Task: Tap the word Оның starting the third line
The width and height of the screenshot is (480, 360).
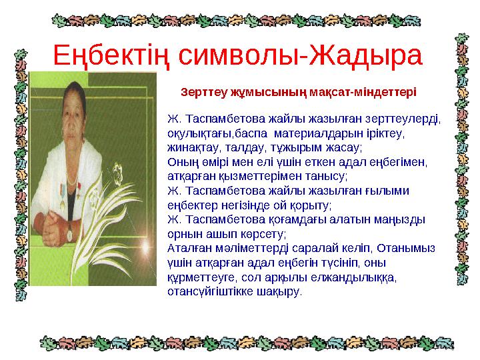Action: click(x=179, y=161)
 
